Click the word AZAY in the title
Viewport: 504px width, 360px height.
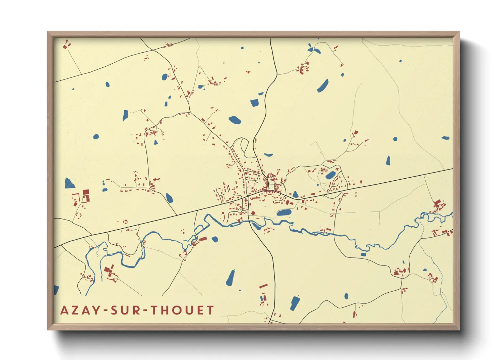[x=80, y=310]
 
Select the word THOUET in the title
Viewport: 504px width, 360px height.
[x=183, y=310]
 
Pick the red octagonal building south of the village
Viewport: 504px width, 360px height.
[x=253, y=213]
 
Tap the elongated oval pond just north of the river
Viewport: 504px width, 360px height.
[x=284, y=213]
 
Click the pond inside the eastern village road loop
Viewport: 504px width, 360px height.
[x=330, y=175]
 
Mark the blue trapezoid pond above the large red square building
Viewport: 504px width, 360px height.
[x=69, y=183]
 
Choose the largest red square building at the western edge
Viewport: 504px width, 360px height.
[x=85, y=193]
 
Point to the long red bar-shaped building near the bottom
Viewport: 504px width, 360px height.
[x=263, y=286]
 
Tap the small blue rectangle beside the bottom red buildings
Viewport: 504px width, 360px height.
[x=262, y=298]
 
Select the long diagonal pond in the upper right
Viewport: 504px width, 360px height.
[x=323, y=86]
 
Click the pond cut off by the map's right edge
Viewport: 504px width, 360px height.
[x=446, y=138]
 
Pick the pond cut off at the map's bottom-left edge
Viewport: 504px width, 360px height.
[x=56, y=290]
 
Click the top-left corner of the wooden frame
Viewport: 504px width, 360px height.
[x=48, y=32]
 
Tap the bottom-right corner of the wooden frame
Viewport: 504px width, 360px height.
[x=459, y=329]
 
